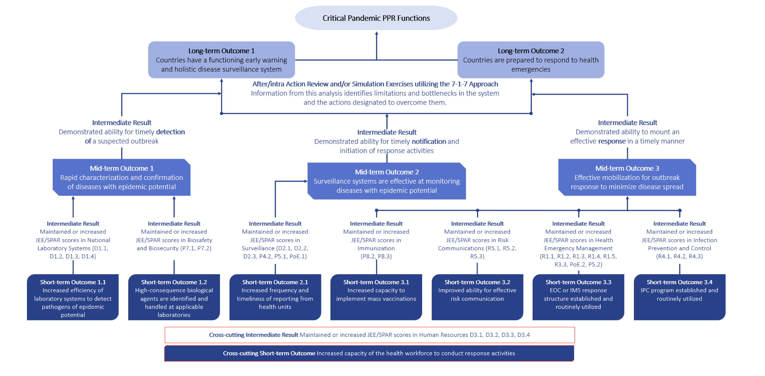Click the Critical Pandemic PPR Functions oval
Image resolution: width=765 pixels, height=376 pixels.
coord(376,18)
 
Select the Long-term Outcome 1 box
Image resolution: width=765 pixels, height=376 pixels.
coord(221,60)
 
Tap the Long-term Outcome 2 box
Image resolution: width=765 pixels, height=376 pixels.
coord(531,60)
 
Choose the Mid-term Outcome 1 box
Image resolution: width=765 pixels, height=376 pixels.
coord(121,177)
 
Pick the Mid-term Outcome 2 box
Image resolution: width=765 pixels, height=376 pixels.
coord(387,181)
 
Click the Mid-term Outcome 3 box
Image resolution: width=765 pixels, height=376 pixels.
coord(627,177)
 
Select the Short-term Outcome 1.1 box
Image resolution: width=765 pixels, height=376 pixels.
coord(73,297)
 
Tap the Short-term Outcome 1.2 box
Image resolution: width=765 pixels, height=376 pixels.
coord(174,297)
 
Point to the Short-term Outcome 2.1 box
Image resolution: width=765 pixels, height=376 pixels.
coord(275,297)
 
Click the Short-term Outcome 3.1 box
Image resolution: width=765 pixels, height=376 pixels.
coord(376,297)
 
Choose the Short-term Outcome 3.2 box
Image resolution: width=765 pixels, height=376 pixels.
coord(477,297)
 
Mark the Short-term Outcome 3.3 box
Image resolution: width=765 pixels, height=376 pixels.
coord(578,297)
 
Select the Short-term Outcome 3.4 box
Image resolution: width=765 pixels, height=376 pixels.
coord(679,297)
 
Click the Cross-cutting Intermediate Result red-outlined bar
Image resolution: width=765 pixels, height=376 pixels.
coord(369,335)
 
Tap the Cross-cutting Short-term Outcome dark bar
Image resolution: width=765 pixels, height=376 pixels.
coord(369,353)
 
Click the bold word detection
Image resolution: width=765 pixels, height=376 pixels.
coord(170,132)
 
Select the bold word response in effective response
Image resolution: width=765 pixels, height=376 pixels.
coord(612,141)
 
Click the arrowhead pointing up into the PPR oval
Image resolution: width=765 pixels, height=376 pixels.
coord(377,33)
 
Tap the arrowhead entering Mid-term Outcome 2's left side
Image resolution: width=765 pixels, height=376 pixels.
coord(305,181)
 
